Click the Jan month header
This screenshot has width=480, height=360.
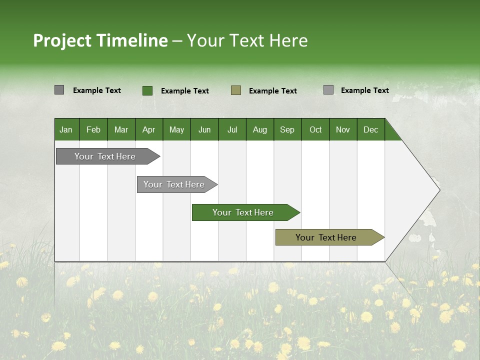tap(66, 129)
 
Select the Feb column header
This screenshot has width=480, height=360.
tap(93, 129)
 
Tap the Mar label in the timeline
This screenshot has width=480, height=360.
tap(121, 129)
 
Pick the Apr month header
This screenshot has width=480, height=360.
tap(149, 129)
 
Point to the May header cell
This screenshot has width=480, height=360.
tap(176, 129)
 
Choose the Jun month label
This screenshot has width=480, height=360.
tap(204, 129)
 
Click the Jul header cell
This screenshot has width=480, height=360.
tap(232, 129)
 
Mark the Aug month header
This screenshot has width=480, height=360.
tap(260, 129)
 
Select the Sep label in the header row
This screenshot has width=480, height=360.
tap(287, 129)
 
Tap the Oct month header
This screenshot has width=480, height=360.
tap(315, 129)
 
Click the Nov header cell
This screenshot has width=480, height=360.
tap(343, 129)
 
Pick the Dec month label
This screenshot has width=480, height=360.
tap(371, 129)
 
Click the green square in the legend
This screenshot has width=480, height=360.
tap(147, 90)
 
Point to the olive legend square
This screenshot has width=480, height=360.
tap(236, 90)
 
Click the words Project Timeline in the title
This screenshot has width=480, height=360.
tap(100, 40)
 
